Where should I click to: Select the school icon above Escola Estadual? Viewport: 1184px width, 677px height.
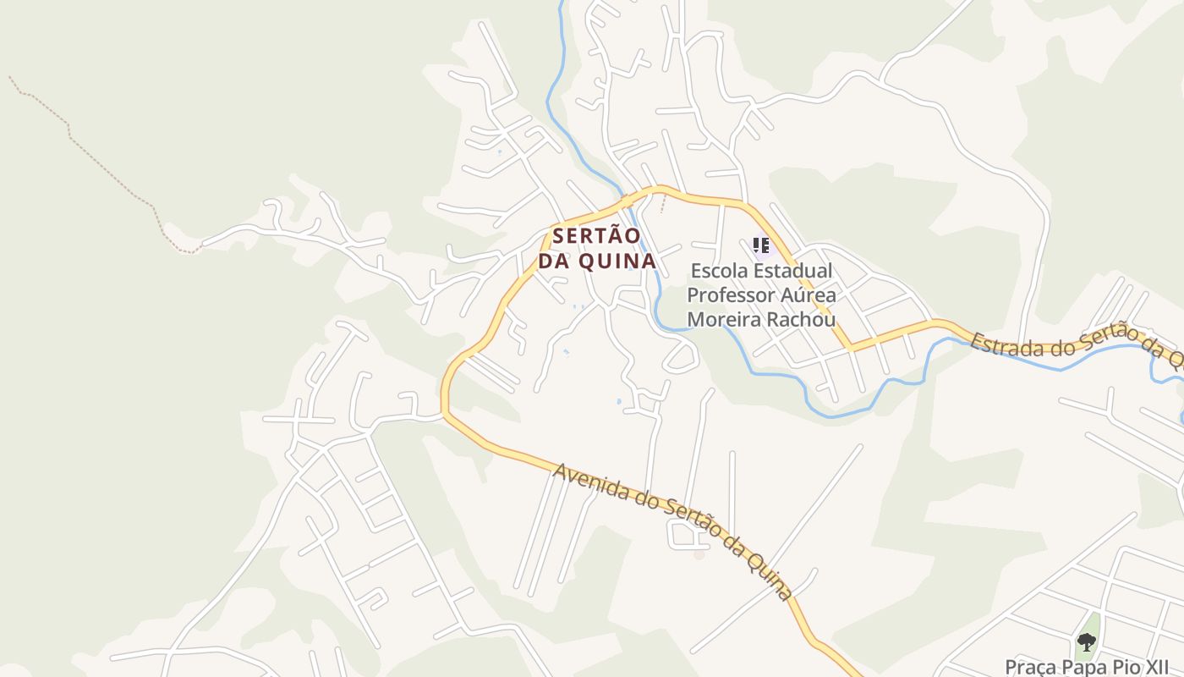coord(761,245)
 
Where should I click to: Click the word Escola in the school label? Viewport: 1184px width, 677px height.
coord(719,272)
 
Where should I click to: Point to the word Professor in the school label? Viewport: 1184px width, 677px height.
coord(730,295)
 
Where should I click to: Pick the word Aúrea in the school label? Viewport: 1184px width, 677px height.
coord(808,295)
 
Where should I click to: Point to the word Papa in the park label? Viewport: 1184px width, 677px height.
coord(1078,667)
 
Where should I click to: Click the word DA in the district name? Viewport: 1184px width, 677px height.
coord(554,261)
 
